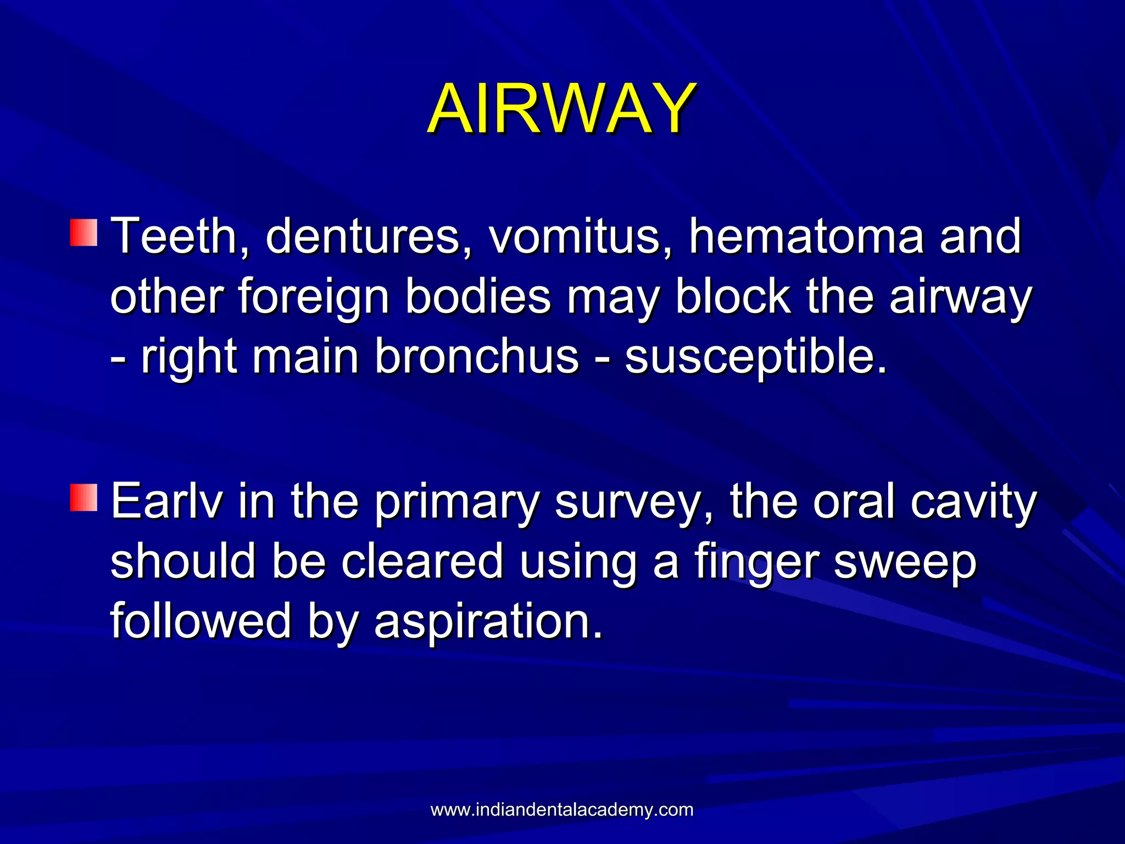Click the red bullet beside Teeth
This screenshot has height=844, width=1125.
83,232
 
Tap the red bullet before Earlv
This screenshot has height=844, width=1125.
83,497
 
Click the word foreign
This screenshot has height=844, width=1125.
314,297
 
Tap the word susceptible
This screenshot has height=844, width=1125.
756,357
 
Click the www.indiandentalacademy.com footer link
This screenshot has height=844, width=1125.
561,809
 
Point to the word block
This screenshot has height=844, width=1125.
733,297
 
